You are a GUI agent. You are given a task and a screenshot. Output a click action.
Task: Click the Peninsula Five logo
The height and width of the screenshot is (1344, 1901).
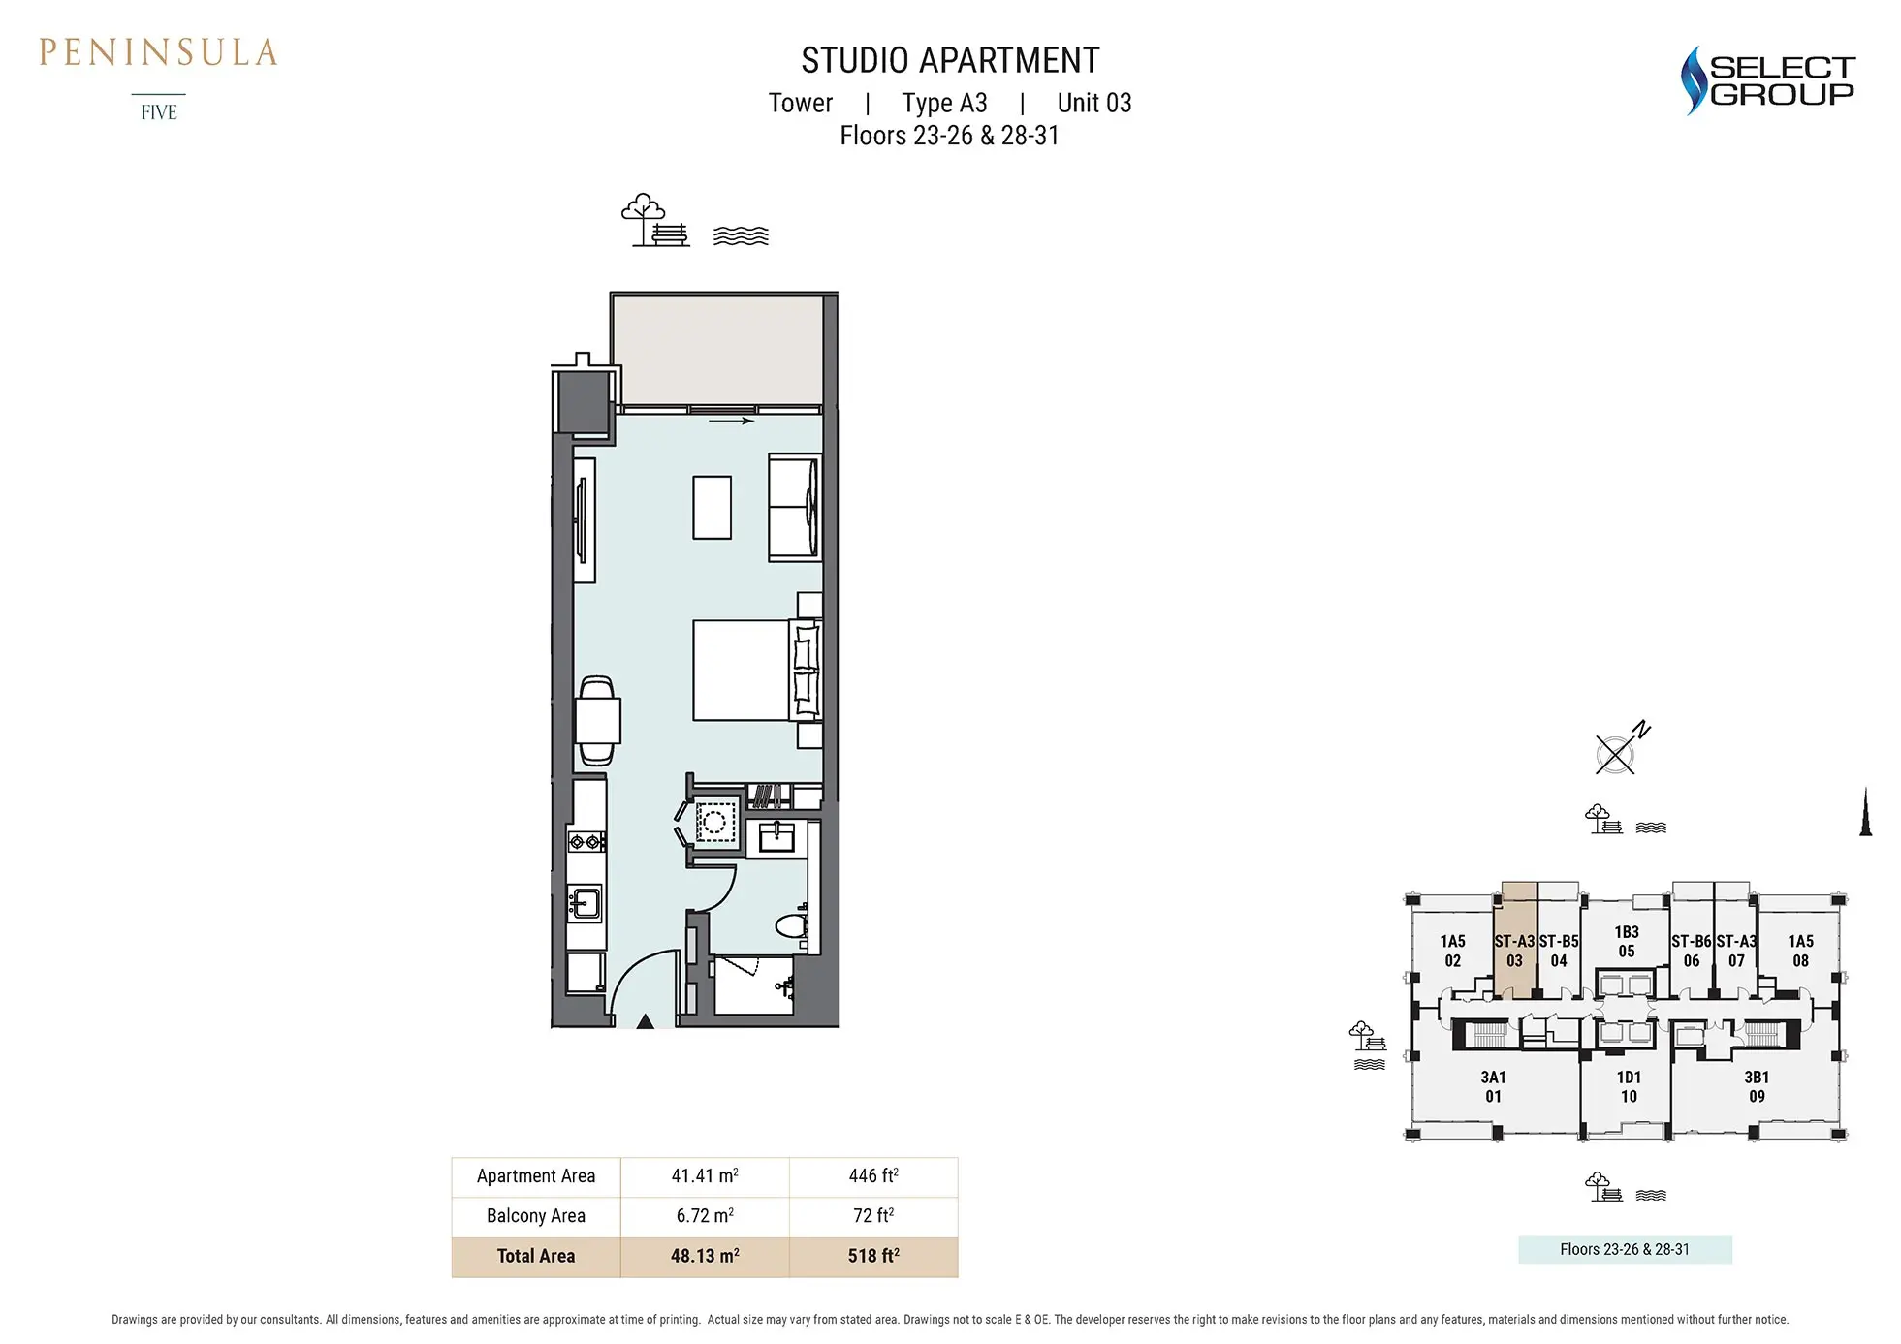158,78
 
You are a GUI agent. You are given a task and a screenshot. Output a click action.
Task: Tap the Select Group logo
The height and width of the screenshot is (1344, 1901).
1766,80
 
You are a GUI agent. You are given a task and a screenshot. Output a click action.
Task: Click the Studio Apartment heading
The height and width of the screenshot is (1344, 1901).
950,60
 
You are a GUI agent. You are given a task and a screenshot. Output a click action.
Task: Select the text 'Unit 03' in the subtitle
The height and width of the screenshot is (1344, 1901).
1094,103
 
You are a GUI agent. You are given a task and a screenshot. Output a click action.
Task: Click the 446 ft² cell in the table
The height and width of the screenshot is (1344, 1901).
873,1175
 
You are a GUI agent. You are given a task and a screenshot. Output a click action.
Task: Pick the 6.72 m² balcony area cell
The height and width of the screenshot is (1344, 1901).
705,1215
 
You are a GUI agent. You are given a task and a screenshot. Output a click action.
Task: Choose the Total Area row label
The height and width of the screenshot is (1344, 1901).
536,1256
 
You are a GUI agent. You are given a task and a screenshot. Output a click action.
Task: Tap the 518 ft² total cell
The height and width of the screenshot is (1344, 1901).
873,1256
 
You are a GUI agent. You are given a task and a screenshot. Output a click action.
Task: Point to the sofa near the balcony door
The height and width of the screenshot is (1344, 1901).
795,508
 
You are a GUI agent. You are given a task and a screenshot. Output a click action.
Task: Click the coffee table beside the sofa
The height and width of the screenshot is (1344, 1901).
712,507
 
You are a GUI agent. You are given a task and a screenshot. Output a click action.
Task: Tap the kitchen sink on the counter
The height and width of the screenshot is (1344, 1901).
584,903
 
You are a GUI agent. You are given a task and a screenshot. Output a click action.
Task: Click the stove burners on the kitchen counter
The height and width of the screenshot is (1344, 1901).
586,842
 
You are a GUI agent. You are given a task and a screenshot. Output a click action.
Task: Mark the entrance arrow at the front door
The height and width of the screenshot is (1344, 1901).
645,1020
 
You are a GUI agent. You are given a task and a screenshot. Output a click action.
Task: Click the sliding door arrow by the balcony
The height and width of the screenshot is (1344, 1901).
732,421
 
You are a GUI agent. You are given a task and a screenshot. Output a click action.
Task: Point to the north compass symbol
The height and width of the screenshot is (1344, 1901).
1621,749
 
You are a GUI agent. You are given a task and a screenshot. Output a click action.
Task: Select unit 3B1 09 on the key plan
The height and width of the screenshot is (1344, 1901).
1756,1086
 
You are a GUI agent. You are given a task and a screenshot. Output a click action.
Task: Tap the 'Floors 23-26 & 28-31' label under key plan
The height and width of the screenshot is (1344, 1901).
1625,1249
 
